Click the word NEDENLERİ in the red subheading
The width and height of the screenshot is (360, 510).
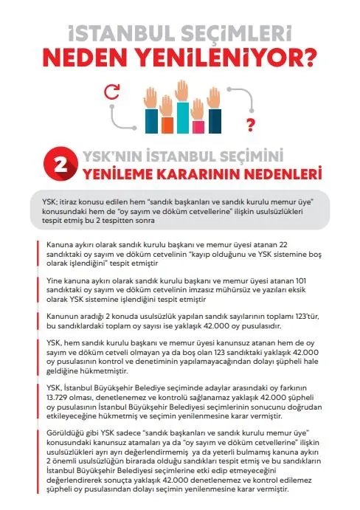click(281, 175)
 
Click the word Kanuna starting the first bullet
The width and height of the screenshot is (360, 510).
click(61, 244)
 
